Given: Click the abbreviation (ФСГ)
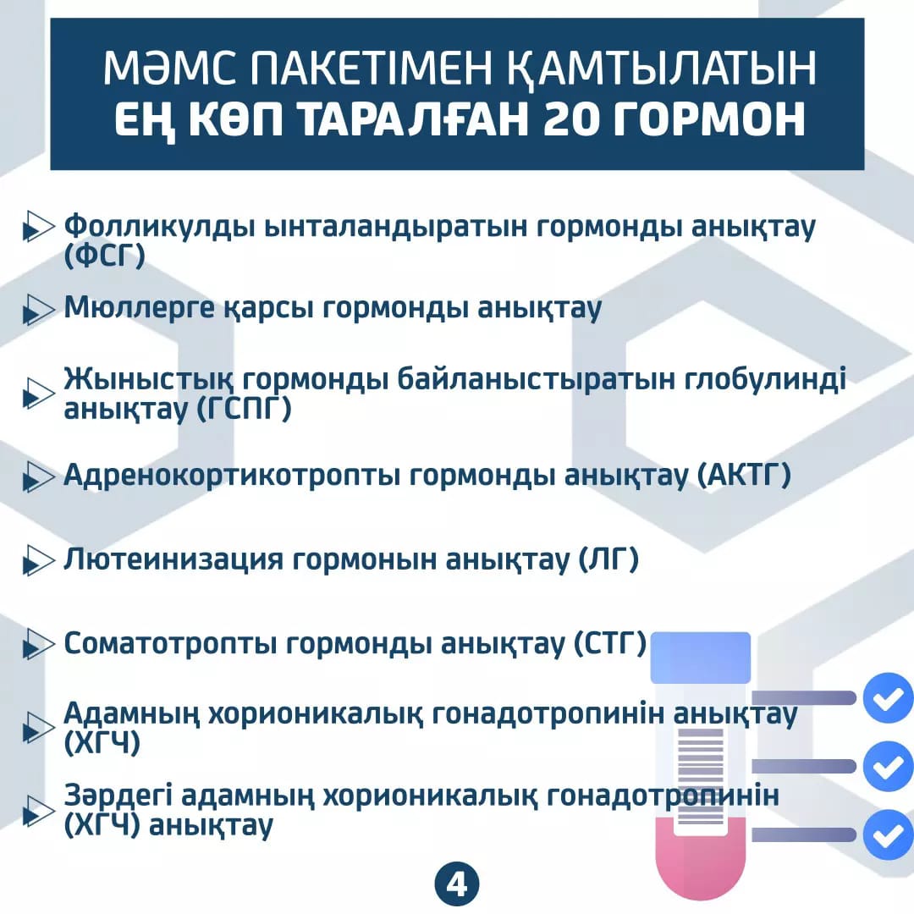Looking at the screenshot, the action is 104,256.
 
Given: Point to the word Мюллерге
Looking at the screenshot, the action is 140,308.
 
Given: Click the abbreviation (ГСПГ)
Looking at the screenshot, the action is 243,408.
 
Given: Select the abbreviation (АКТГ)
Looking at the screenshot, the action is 745,475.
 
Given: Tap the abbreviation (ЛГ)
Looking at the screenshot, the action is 608,559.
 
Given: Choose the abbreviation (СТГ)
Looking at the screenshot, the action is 610,643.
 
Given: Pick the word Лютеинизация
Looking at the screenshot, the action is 173,559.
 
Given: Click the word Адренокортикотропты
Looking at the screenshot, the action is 232,475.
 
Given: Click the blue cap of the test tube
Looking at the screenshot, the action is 700,658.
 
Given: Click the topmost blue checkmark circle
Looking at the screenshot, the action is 888,697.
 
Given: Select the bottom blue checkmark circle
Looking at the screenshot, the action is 888,834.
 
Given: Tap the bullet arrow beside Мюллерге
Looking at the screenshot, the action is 38,308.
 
